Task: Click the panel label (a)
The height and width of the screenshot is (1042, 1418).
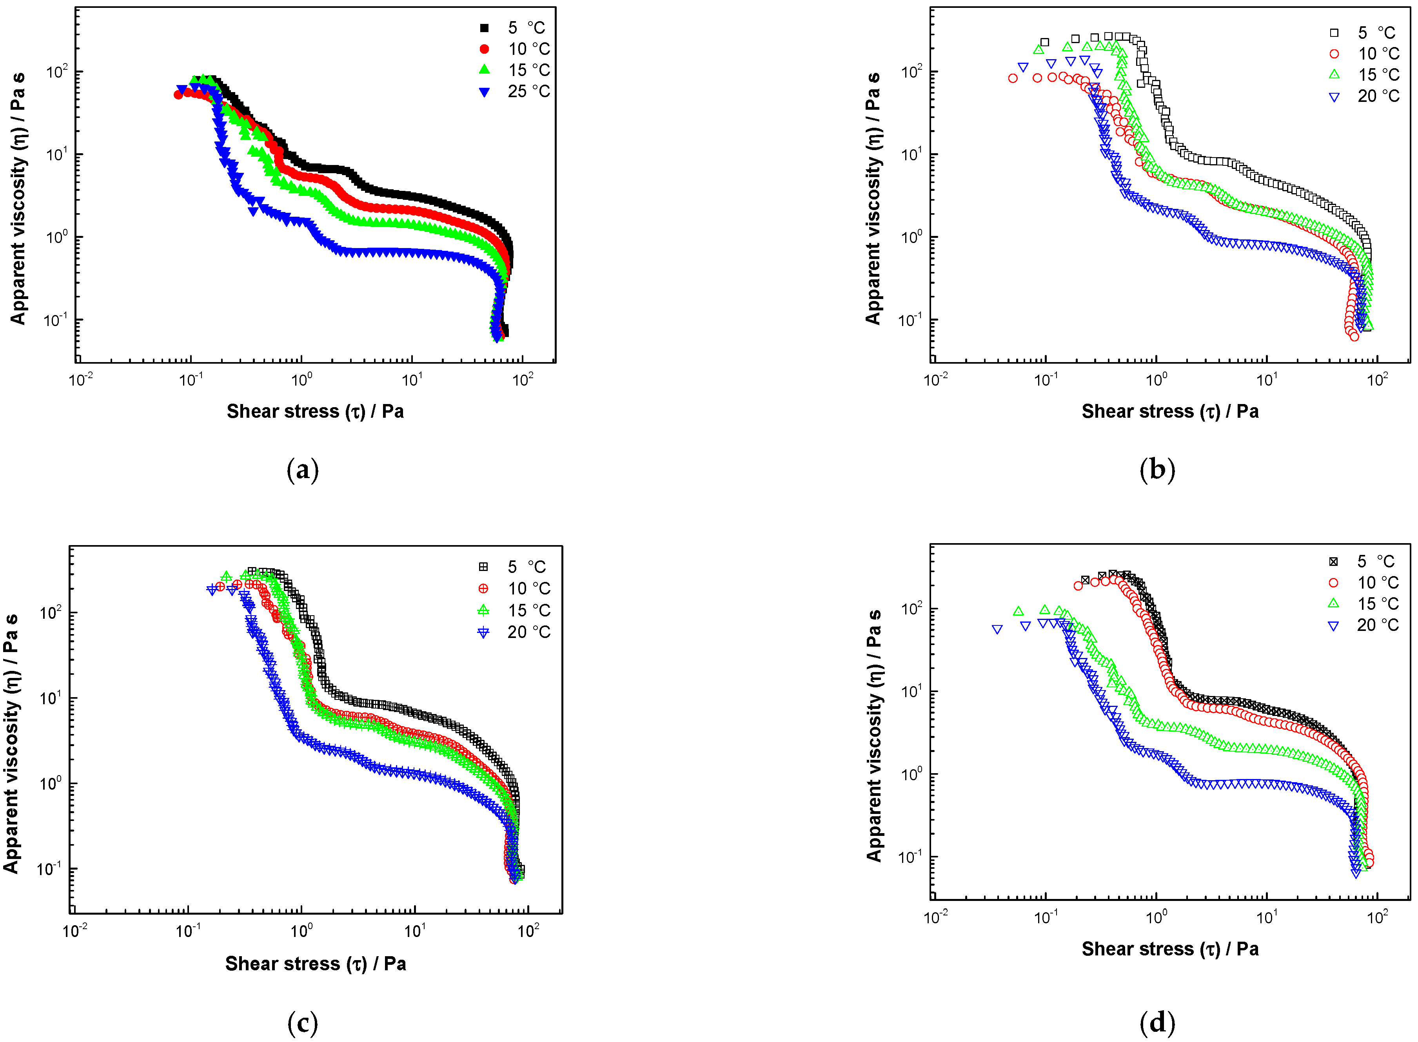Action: (302, 471)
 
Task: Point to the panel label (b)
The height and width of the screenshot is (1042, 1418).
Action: (1157, 471)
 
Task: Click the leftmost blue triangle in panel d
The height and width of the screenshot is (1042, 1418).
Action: (997, 629)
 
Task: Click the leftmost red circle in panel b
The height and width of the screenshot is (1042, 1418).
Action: (1013, 79)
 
